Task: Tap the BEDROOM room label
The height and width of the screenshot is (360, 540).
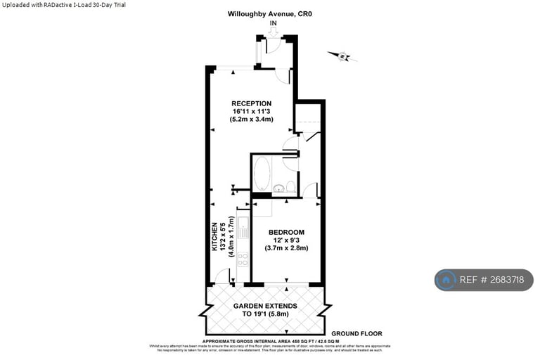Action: (x=286, y=232)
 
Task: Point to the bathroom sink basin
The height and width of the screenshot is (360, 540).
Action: (x=279, y=188)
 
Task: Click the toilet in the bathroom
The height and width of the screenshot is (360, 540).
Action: (x=291, y=186)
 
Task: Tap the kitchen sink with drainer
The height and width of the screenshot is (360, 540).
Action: (x=243, y=226)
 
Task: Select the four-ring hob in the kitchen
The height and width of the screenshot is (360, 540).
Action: (x=243, y=259)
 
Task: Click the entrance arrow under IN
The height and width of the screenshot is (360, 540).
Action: (x=273, y=31)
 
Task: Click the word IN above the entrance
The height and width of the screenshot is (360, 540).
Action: (x=273, y=22)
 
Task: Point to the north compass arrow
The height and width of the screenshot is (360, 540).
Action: (x=340, y=56)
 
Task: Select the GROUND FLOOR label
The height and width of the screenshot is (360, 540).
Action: (x=356, y=334)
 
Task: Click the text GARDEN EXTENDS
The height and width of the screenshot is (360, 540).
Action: (x=264, y=306)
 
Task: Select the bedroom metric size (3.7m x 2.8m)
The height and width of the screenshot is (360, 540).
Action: (x=286, y=247)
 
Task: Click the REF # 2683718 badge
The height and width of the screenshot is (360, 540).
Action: (x=484, y=280)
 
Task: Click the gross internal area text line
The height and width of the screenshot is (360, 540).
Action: (x=270, y=340)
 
